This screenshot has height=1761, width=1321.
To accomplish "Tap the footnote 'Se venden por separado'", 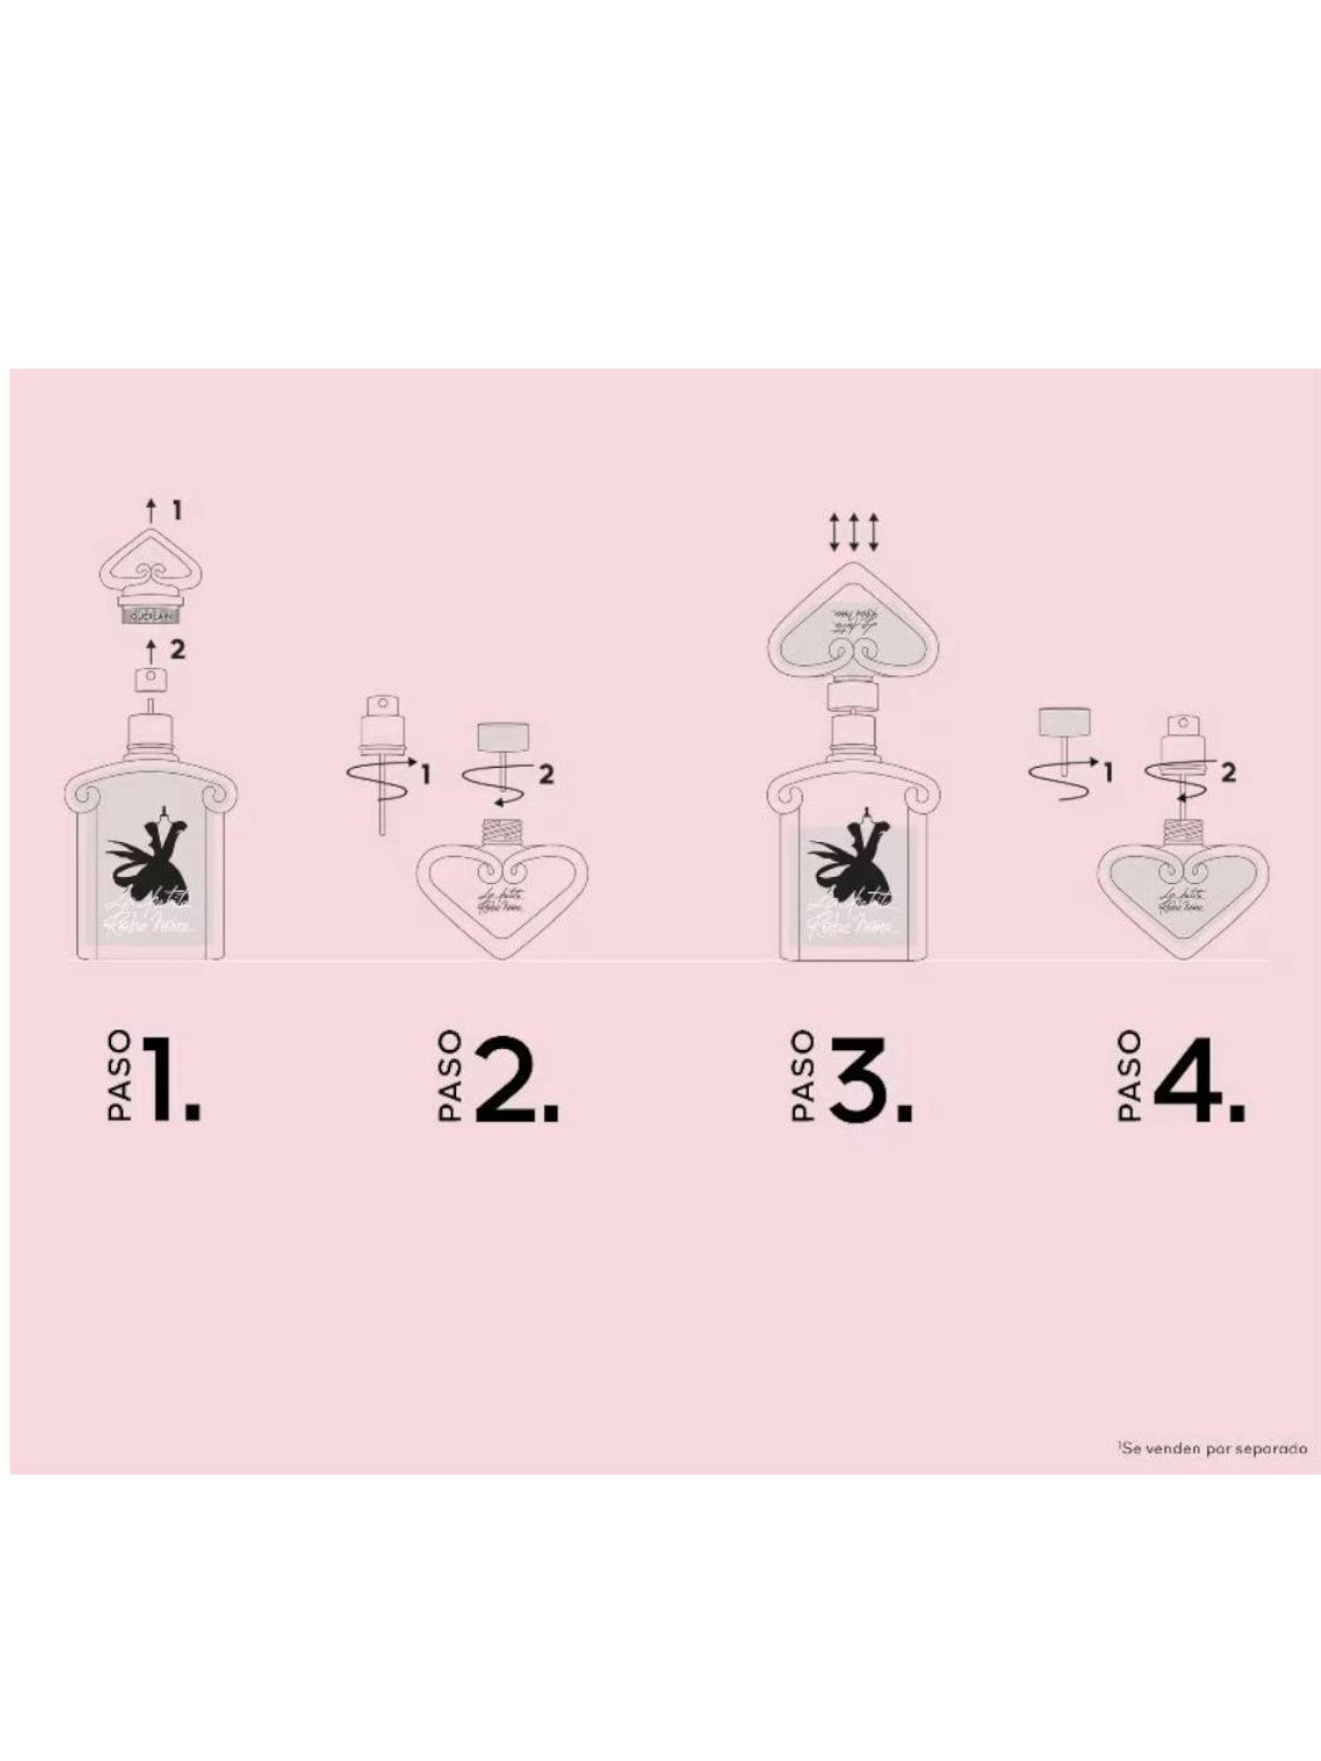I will [x=1214, y=1448].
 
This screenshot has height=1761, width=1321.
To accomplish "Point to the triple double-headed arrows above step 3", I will [x=854, y=532].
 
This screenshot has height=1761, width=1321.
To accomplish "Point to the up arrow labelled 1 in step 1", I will [x=151, y=510].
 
